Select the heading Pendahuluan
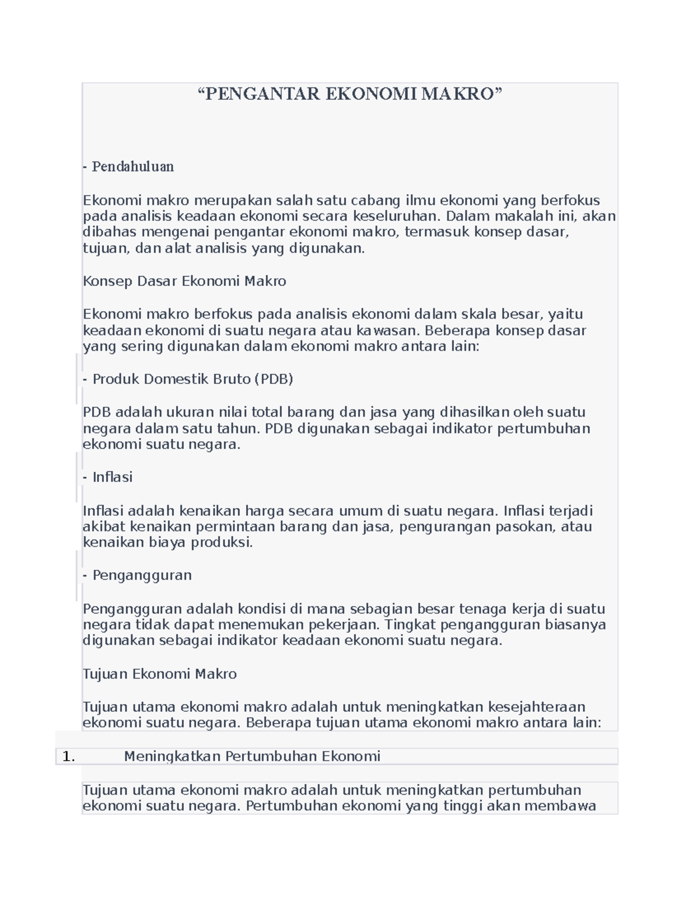[x=132, y=167]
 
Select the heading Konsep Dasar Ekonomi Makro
[x=184, y=281]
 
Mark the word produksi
[x=226, y=543]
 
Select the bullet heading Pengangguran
[x=142, y=575]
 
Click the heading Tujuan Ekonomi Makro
[x=159, y=674]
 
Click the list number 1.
[x=68, y=757]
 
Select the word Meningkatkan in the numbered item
[x=173, y=757]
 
